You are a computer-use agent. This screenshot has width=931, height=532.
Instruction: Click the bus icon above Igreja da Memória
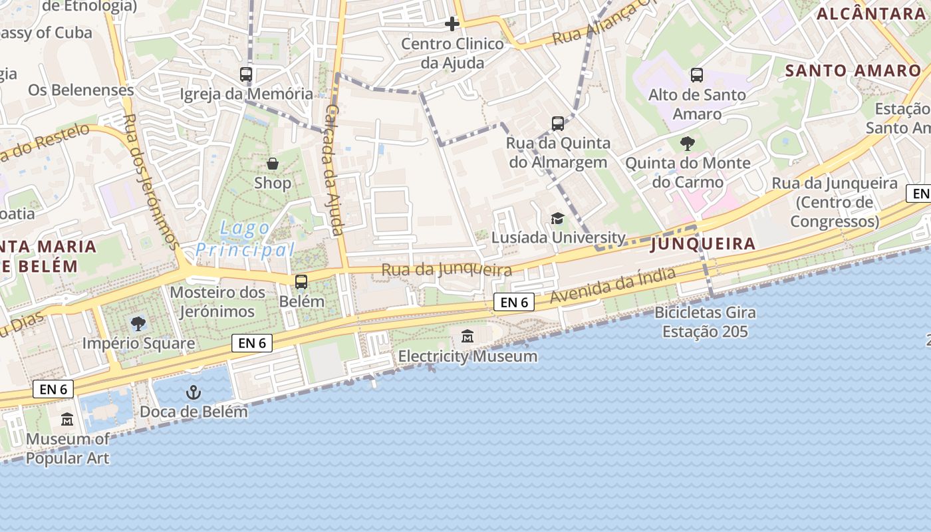coord(246,74)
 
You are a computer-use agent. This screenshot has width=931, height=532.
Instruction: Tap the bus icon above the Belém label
coord(301,282)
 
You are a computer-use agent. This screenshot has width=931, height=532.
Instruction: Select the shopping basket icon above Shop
coord(273,164)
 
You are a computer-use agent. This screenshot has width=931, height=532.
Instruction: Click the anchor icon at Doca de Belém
coord(194,392)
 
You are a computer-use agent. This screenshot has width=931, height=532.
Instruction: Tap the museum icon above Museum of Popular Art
coord(67,420)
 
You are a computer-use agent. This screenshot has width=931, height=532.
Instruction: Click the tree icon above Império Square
coord(138,324)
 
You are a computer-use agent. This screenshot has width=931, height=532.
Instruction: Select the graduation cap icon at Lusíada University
coord(557,218)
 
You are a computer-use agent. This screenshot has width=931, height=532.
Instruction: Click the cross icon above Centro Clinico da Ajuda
coord(452,25)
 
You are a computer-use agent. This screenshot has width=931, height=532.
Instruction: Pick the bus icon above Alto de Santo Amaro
coord(697,75)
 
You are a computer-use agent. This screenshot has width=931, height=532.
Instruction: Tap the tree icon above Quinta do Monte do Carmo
coord(688,143)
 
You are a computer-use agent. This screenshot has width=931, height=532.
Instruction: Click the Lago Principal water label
coord(245,239)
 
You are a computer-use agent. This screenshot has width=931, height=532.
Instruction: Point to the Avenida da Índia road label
coord(613,287)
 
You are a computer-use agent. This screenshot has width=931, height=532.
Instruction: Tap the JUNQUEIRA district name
coord(703,244)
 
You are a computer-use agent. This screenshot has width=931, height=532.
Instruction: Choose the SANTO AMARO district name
coord(853,70)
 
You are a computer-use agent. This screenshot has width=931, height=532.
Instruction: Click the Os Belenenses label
coord(81,90)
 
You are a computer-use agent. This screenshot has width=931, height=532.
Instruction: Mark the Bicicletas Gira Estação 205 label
coord(705,322)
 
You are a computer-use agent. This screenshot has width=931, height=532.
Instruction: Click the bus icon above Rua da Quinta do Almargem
coord(558,124)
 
